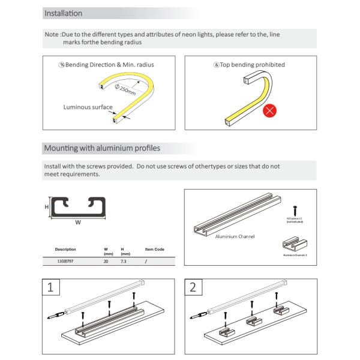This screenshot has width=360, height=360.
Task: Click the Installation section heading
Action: click(x=63, y=13)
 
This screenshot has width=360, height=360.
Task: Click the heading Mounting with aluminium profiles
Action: click(x=102, y=148)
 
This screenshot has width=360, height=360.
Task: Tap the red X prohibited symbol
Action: click(x=271, y=110)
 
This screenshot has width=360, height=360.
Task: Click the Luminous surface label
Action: click(x=88, y=107)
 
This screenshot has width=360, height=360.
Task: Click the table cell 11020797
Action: click(x=67, y=262)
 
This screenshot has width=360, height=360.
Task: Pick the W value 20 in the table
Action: click(x=106, y=262)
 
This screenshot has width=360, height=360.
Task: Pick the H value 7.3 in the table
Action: click(x=123, y=262)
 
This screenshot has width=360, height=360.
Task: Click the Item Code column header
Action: click(x=155, y=249)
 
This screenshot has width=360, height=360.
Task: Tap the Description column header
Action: click(x=65, y=249)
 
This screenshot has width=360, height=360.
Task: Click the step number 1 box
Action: click(x=51, y=287)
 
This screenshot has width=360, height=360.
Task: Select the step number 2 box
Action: click(x=192, y=287)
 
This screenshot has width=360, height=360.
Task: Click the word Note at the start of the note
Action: click(x=52, y=35)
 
